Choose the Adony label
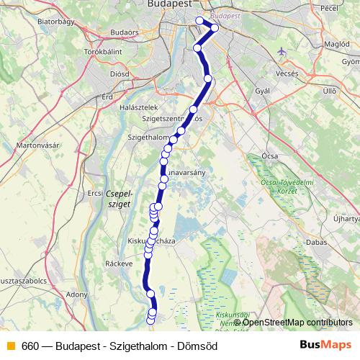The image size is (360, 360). click(x=76, y=294)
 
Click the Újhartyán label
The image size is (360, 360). click(x=346, y=217)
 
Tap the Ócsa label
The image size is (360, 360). click(x=271, y=156)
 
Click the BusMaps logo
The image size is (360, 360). click(x=326, y=346)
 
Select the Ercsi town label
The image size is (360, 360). click(x=95, y=193)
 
